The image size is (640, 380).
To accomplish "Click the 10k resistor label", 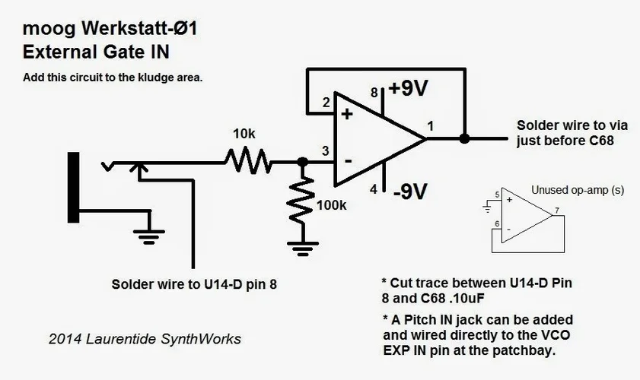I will coord(244,134).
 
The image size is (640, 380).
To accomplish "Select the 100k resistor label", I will coord(333,204).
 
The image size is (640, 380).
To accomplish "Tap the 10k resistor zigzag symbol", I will coord(247,161).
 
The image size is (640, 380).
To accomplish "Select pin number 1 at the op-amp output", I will coord(431,125).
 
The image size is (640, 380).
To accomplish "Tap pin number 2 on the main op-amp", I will coord(326,102).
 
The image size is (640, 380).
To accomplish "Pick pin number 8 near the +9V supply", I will coord(374,93).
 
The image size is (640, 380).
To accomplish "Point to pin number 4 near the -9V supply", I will coord(374,189).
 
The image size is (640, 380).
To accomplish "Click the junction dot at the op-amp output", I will coord(464,139).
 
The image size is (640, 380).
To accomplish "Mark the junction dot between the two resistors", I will coord(302,162).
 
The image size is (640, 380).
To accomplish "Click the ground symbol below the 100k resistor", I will coord(302,245).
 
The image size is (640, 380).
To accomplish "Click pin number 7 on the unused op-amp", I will coord(557,210).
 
